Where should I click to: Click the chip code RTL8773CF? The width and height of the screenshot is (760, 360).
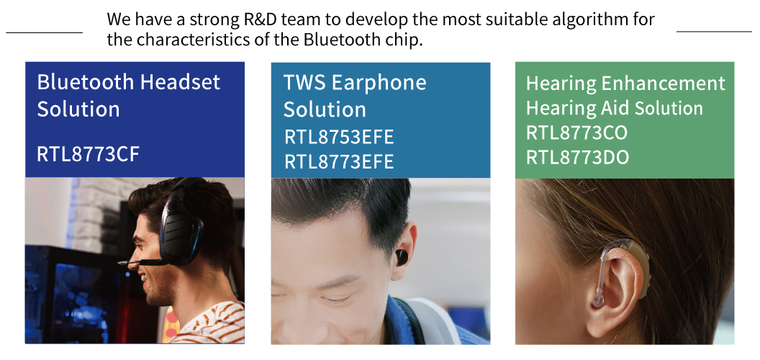[x=89, y=154]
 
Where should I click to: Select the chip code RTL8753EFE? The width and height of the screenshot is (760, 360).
[x=339, y=138]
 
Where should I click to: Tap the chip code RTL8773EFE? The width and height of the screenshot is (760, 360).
[x=339, y=161]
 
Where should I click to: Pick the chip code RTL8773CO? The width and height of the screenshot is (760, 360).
[x=576, y=133]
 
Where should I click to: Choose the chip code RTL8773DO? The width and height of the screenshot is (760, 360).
[x=577, y=158]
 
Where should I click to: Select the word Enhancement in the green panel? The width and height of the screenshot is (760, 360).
[x=663, y=84]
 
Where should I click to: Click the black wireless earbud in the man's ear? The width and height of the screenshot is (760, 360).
[x=402, y=257]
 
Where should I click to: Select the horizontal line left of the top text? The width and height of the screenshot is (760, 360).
[x=44, y=33]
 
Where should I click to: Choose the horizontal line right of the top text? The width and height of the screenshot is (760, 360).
[x=714, y=32]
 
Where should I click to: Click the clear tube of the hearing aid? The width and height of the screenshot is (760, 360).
[x=602, y=271]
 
